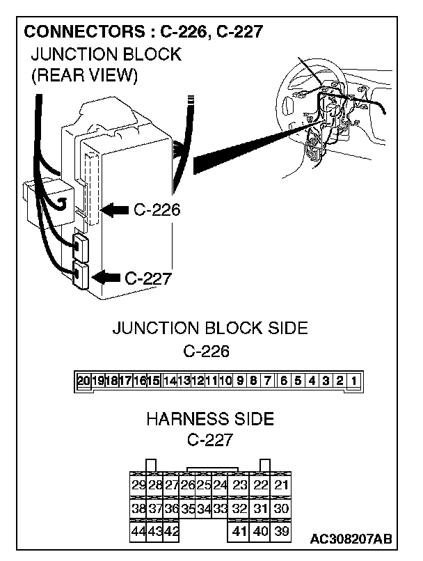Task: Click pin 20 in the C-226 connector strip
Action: coord(83,381)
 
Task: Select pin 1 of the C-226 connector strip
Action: coord(354,381)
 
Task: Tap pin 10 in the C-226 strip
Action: coord(225,381)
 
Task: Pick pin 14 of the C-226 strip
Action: coord(169,381)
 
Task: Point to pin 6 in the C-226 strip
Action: coord(283,381)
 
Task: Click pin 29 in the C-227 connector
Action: coord(138,485)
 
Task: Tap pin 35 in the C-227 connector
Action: coord(188,509)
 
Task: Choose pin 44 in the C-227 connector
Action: coord(138,532)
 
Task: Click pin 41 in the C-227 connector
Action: coord(240,532)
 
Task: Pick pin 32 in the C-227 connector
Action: coord(240,509)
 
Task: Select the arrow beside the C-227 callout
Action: coord(106,276)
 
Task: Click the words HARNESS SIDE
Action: coord(210,419)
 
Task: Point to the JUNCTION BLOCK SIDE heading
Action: coord(210,329)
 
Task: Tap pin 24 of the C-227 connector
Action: coord(220,485)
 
